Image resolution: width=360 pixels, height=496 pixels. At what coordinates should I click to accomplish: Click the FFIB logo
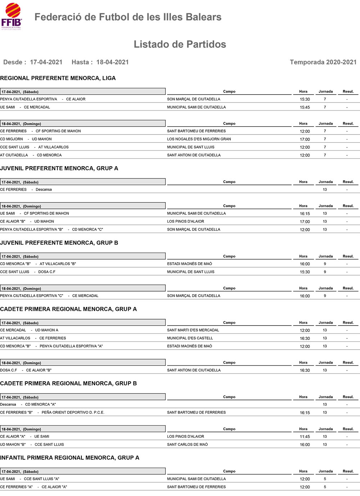(x=12, y=17)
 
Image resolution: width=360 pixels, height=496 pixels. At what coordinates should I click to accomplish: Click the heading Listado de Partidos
(x=180, y=44)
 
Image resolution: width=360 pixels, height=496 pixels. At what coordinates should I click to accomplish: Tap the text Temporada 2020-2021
(x=323, y=62)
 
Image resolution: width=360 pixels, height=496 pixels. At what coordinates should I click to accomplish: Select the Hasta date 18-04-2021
(x=112, y=62)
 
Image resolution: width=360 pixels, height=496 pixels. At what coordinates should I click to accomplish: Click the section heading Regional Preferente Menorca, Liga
(x=58, y=78)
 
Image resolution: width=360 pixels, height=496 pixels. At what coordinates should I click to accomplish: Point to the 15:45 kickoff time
(x=305, y=107)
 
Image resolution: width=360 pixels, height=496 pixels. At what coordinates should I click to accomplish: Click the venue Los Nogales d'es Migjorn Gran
(x=199, y=139)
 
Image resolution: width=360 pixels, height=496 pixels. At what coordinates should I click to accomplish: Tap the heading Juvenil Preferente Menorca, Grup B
(x=59, y=243)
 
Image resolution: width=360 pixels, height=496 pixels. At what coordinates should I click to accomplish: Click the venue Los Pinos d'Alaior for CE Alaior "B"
(x=185, y=222)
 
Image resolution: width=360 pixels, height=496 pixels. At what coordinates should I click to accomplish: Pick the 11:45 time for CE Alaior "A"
(x=305, y=437)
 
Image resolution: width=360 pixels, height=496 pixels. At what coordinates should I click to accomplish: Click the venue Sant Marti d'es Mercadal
(x=193, y=330)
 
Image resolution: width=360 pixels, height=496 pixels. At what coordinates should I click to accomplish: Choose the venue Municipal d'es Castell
(x=190, y=338)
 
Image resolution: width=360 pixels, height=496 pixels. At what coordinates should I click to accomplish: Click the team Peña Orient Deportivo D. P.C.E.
(x=73, y=413)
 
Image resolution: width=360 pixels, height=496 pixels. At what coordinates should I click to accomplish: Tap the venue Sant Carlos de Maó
(x=187, y=445)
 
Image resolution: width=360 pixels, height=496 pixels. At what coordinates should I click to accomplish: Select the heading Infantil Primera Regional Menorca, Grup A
(x=69, y=458)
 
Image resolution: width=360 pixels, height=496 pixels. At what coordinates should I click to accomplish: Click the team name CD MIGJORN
(x=12, y=139)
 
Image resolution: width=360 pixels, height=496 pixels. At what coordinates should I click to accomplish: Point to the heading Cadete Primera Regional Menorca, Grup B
(x=68, y=383)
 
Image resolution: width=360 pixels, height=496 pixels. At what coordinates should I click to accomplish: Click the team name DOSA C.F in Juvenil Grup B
(x=47, y=272)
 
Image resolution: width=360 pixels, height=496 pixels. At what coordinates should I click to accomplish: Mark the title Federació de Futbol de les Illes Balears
(x=128, y=17)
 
